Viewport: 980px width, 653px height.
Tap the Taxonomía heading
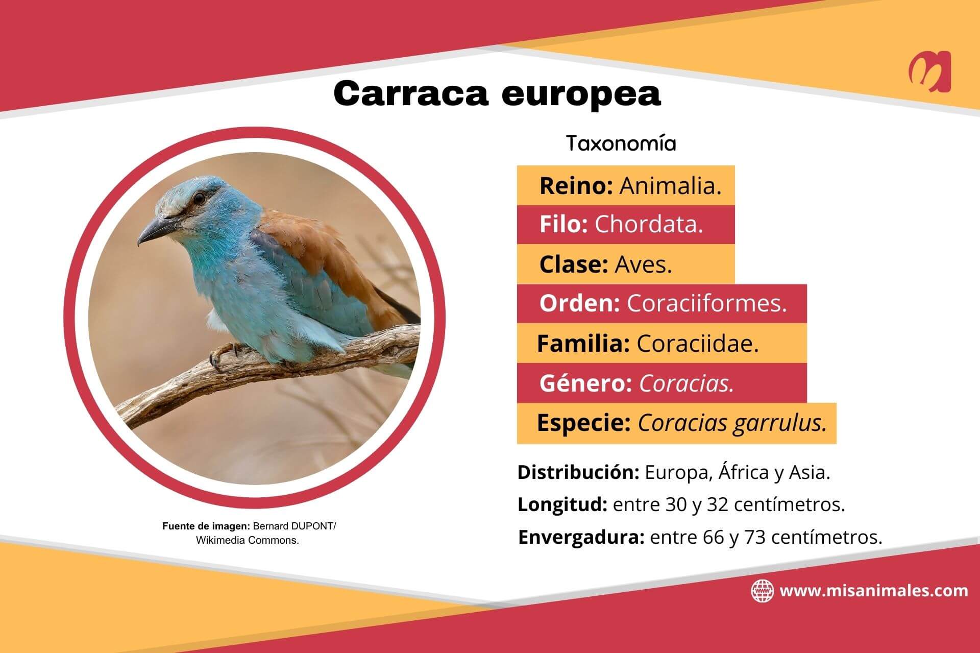pos(621,144)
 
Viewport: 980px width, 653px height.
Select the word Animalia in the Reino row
pos(670,186)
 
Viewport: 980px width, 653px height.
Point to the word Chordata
pos(649,224)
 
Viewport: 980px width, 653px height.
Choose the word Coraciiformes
pos(707,303)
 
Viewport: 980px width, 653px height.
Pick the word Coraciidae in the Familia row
pos(698,344)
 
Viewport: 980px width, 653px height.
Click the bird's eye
pos(199,197)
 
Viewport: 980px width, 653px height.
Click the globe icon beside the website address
pos(763,591)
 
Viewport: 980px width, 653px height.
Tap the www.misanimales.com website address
pos(874,591)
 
